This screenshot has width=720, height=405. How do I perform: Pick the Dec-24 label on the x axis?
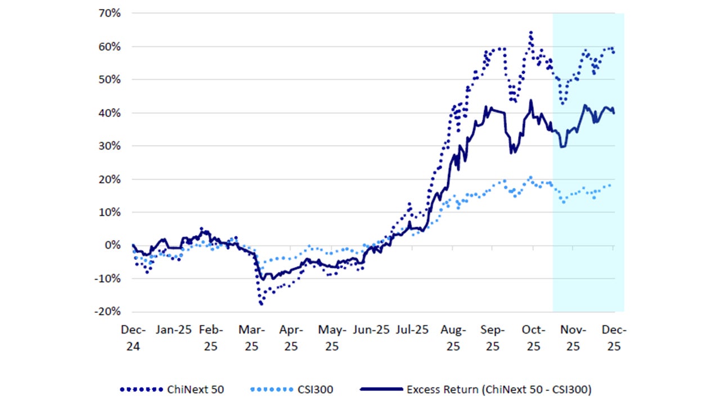132,338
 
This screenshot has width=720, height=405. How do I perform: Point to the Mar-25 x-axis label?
251,338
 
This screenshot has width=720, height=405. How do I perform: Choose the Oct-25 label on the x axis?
533,338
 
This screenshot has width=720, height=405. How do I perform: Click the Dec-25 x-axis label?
613,338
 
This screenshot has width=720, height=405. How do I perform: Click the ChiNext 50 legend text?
195,389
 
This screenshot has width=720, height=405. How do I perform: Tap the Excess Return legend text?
499,389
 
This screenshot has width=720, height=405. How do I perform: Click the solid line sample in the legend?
380,389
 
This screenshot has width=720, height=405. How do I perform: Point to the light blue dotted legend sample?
272,389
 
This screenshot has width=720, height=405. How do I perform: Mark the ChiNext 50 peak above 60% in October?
530,32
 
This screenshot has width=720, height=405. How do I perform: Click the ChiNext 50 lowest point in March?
261,304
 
